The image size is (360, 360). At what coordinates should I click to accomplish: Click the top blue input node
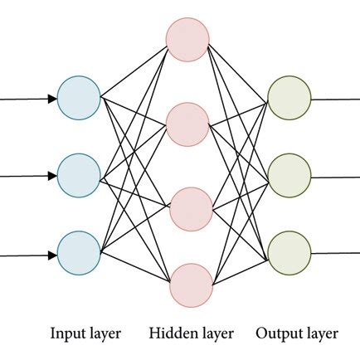(80, 99)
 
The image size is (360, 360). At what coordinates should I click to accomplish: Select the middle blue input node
(80, 174)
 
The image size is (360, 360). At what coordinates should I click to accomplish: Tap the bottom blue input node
(80, 252)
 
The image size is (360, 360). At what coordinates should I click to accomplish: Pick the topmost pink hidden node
(187, 39)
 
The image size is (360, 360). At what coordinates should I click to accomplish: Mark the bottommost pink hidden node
(187, 285)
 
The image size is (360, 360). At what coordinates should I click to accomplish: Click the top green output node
(289, 99)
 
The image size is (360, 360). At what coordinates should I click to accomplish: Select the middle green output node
(289, 175)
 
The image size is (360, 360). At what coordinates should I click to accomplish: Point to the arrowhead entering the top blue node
(53, 99)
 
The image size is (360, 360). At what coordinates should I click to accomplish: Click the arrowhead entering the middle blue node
(53, 175)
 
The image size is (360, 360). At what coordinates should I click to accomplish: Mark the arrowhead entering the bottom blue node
(53, 252)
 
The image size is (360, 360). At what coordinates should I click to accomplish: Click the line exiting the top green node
(335, 99)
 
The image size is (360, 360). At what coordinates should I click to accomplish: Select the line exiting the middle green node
(335, 175)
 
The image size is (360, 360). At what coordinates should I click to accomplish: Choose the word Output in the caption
(278, 334)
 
